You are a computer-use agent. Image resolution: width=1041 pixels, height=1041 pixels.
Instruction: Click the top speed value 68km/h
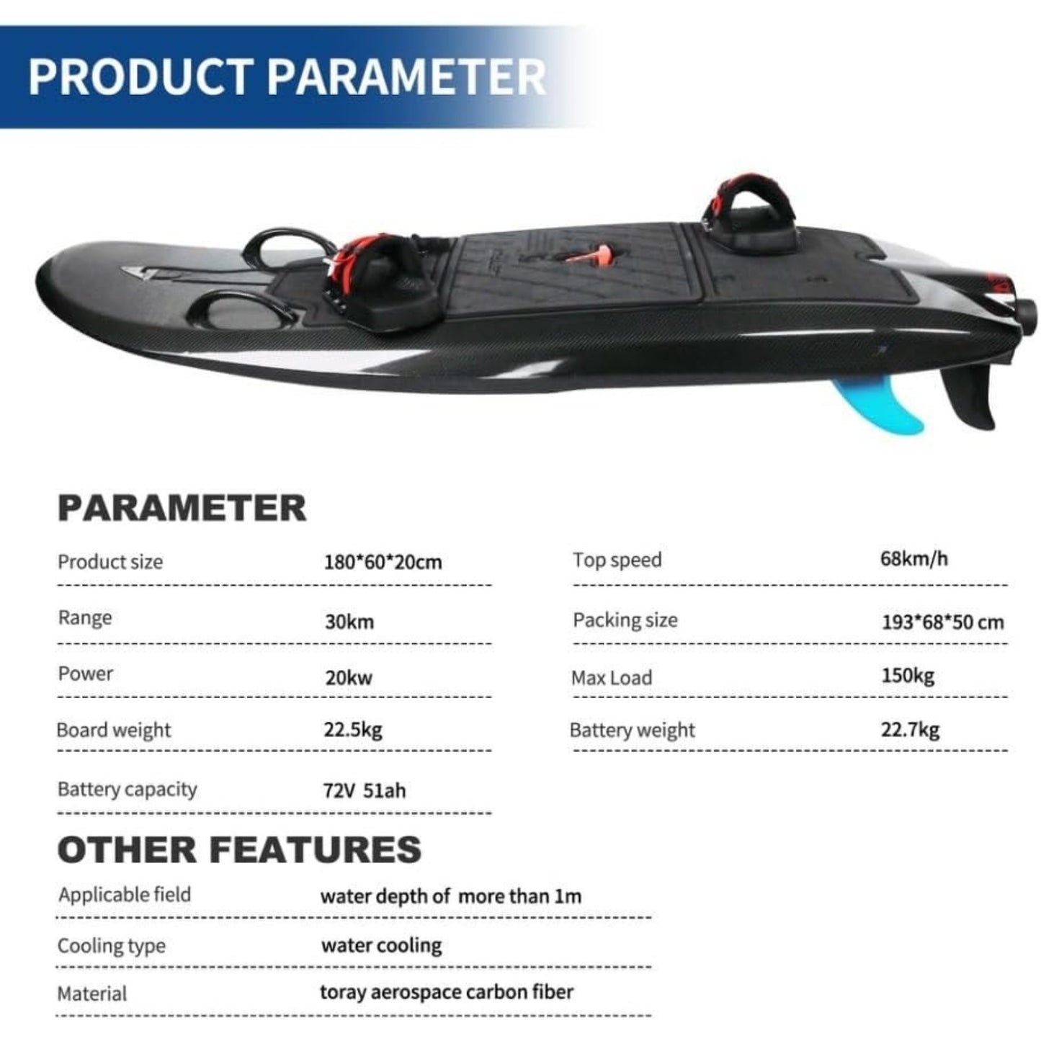pos(913,558)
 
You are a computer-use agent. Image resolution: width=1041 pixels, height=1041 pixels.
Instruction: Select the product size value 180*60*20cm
pos(383,562)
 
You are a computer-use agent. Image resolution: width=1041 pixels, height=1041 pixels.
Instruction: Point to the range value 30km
pos(349,621)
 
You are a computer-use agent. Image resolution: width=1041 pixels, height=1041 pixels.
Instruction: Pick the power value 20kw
pos(349,677)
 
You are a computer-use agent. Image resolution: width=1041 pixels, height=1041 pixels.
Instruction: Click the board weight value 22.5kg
pos(352,729)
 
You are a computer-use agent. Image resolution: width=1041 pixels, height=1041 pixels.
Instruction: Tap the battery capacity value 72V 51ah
pos(364,790)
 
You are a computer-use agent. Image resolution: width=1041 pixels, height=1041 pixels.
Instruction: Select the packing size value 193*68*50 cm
pos(942,622)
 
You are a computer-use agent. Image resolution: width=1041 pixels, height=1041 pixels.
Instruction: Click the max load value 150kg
pos(908,676)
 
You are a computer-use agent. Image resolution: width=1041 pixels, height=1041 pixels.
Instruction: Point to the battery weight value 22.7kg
pos(910,729)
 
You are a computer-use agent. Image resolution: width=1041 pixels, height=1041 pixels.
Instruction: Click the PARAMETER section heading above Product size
pos(182,508)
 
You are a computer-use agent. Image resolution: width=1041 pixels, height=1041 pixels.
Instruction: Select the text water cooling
pos(381,945)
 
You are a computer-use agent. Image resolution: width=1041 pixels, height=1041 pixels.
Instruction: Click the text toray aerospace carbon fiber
pos(447,992)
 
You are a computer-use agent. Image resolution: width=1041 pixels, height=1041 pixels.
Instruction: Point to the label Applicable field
pos(125,895)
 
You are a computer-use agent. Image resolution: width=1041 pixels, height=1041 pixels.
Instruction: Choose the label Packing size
pos(625,620)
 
